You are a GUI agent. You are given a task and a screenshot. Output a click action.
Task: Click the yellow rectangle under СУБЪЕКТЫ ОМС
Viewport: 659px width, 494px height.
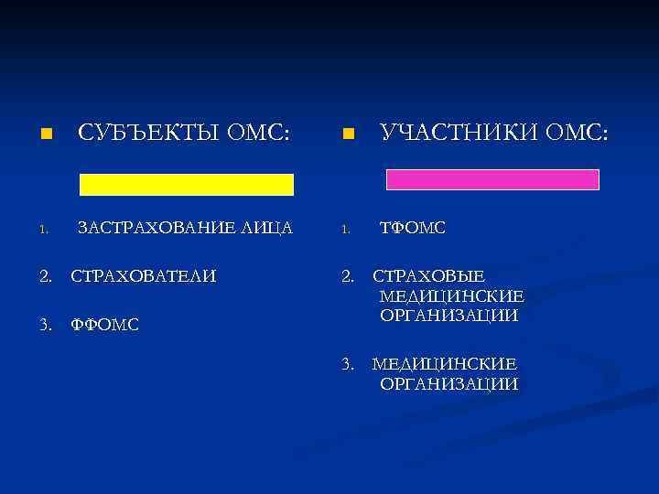(187, 184)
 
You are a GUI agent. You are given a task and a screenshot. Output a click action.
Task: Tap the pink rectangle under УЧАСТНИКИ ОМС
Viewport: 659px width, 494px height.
(492, 179)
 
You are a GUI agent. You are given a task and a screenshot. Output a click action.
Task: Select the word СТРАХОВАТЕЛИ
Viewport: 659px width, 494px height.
(145, 275)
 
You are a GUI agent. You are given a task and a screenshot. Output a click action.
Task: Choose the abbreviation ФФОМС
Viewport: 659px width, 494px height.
(105, 324)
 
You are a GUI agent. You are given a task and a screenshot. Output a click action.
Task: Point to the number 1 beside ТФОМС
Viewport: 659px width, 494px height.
(347, 230)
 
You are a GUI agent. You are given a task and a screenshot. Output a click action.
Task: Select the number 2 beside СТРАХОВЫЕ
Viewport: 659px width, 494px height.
(347, 275)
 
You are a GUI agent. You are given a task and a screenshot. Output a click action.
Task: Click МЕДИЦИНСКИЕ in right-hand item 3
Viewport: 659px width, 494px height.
(444, 364)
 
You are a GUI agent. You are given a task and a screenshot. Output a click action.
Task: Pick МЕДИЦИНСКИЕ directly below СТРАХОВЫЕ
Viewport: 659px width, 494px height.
(451, 295)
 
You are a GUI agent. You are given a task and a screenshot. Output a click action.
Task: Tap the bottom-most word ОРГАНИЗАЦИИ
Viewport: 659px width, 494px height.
(448, 384)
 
